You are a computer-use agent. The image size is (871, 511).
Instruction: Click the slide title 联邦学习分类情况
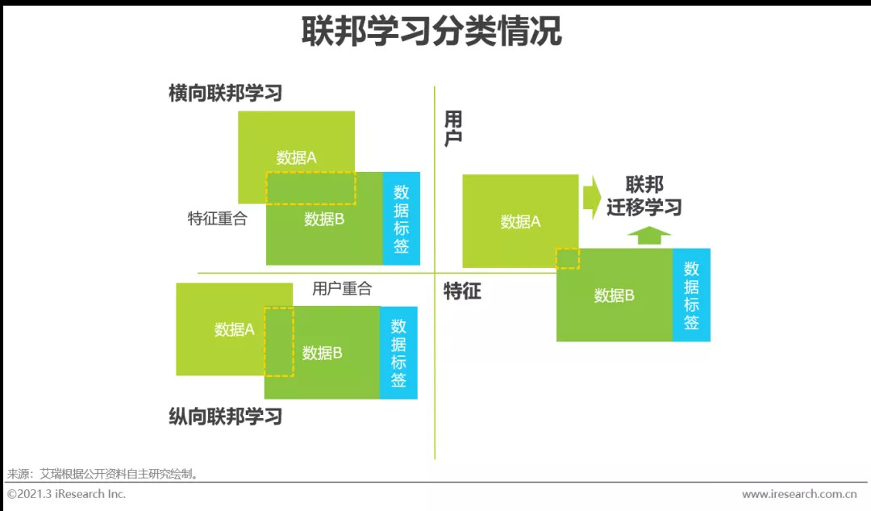431,32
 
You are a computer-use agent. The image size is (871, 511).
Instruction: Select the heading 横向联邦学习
225,93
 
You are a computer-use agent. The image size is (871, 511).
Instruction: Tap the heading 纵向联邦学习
225,417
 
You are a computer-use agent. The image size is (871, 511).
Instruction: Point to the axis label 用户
453,129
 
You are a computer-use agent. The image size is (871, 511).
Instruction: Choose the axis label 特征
462,291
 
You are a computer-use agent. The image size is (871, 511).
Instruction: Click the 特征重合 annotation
217,219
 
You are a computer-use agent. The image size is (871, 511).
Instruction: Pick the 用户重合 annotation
342,288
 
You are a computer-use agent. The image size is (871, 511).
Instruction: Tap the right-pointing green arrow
592,197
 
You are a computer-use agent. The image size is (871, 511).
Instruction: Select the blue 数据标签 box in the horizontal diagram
401,219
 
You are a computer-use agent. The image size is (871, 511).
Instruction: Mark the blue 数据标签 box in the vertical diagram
398,353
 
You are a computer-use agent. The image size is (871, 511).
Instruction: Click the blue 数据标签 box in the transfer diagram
691,295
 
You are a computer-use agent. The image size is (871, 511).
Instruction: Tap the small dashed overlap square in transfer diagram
568,258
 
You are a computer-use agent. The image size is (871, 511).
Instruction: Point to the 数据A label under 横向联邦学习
296,158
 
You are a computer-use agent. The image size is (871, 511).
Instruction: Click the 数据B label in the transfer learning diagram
614,295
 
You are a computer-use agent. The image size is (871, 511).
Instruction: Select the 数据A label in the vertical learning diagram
234,329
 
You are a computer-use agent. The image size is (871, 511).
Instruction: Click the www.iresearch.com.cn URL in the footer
798,494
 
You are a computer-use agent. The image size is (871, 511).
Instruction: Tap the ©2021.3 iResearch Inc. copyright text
67,494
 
